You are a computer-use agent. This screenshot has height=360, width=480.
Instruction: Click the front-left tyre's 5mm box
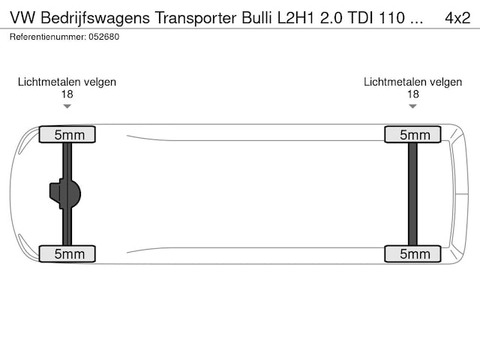click(x=67, y=135)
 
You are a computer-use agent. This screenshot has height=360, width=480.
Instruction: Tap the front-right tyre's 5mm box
click(x=67, y=254)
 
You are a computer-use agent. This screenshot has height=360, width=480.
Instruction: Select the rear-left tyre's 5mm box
click(x=412, y=135)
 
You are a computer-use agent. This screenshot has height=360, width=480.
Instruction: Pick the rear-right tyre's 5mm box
click(x=412, y=254)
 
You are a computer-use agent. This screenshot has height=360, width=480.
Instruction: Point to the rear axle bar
click(x=412, y=194)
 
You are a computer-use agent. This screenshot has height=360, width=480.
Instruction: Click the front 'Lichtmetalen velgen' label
click(x=67, y=82)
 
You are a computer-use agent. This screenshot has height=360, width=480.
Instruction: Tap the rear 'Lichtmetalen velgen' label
click(x=412, y=82)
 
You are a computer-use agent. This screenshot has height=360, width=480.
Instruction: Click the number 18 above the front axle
click(x=67, y=94)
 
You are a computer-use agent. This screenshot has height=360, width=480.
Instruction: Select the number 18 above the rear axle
click(x=412, y=94)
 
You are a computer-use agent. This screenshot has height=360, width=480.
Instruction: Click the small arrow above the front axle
click(x=67, y=106)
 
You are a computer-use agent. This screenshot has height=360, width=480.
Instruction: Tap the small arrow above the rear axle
click(x=412, y=106)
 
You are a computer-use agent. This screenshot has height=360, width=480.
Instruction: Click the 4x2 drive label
click(x=457, y=17)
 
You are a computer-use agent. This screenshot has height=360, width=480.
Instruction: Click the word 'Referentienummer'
click(x=46, y=36)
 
